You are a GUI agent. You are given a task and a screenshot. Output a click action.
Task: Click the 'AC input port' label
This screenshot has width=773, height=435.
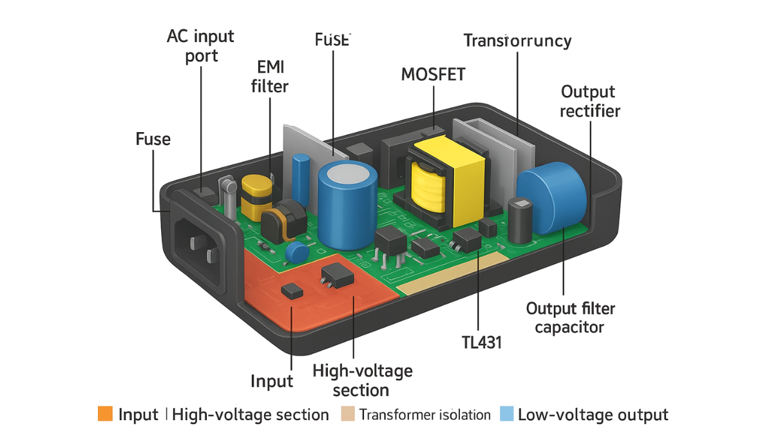[x=201, y=45]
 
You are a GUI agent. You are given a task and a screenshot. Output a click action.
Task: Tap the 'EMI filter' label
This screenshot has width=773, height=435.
[x=269, y=76]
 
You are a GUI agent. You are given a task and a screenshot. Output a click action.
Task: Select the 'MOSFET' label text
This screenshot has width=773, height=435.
[x=433, y=73]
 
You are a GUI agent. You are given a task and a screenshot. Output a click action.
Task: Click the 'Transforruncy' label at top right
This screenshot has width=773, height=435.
[x=517, y=41]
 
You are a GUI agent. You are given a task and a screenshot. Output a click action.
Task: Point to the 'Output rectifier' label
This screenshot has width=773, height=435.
[x=589, y=101]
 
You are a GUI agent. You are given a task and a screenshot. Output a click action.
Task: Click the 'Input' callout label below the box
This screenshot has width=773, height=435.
[x=272, y=381]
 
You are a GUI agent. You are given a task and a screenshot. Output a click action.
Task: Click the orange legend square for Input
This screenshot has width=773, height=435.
[x=105, y=414]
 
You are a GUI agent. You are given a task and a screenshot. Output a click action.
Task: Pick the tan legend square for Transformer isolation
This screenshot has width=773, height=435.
[x=347, y=414]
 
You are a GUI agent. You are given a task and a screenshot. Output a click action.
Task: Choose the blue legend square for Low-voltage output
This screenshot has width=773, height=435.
[x=506, y=414]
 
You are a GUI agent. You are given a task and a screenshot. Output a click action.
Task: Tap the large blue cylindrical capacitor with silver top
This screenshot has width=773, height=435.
[x=347, y=204]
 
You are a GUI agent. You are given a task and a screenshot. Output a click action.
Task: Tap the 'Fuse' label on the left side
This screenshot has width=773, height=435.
[x=153, y=139]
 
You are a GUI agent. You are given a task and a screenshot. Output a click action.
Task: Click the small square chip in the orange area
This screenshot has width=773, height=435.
[x=292, y=291]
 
